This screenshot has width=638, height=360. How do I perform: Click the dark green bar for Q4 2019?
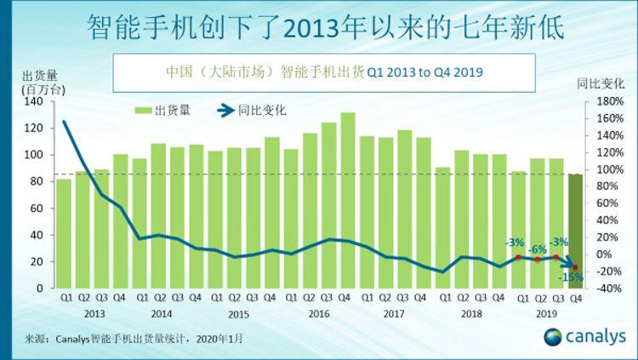(576, 231)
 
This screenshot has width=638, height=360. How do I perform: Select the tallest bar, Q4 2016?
(348, 200)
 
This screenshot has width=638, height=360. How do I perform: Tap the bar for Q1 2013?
(65, 233)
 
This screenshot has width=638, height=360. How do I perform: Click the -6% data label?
(538, 249)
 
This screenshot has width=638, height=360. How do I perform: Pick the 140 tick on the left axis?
(35, 102)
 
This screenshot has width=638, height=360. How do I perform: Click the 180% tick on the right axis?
(609, 102)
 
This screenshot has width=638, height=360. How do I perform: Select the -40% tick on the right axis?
(609, 288)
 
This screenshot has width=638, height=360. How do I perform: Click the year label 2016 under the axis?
(319, 313)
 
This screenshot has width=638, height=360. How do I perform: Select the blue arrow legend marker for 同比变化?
(226, 111)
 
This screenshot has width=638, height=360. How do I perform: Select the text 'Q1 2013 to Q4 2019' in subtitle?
(424, 71)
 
